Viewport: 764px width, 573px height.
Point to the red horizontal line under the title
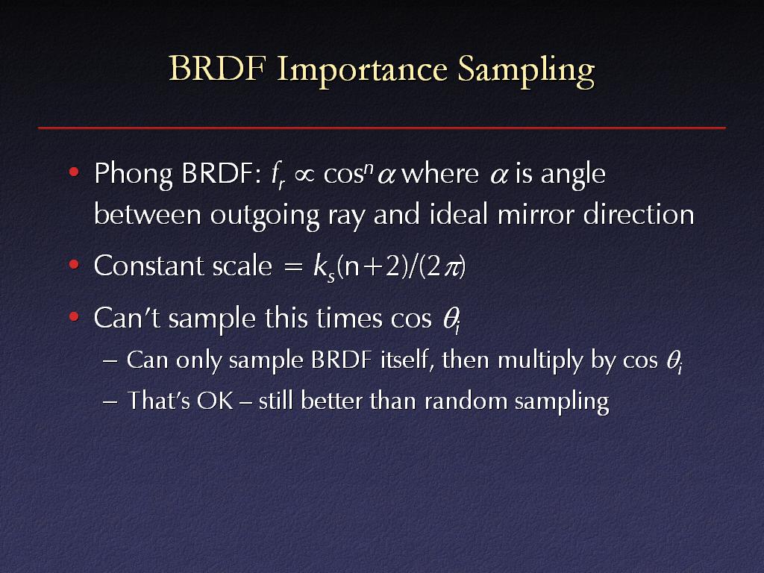[382, 128]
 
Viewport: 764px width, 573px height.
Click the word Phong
[134, 175]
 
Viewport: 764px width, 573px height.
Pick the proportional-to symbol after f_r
[304, 175]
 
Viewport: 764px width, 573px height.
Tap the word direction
[639, 213]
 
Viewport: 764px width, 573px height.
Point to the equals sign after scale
[292, 268]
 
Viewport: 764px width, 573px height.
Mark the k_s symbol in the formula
[324, 268]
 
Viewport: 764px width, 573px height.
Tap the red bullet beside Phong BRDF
[74, 172]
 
